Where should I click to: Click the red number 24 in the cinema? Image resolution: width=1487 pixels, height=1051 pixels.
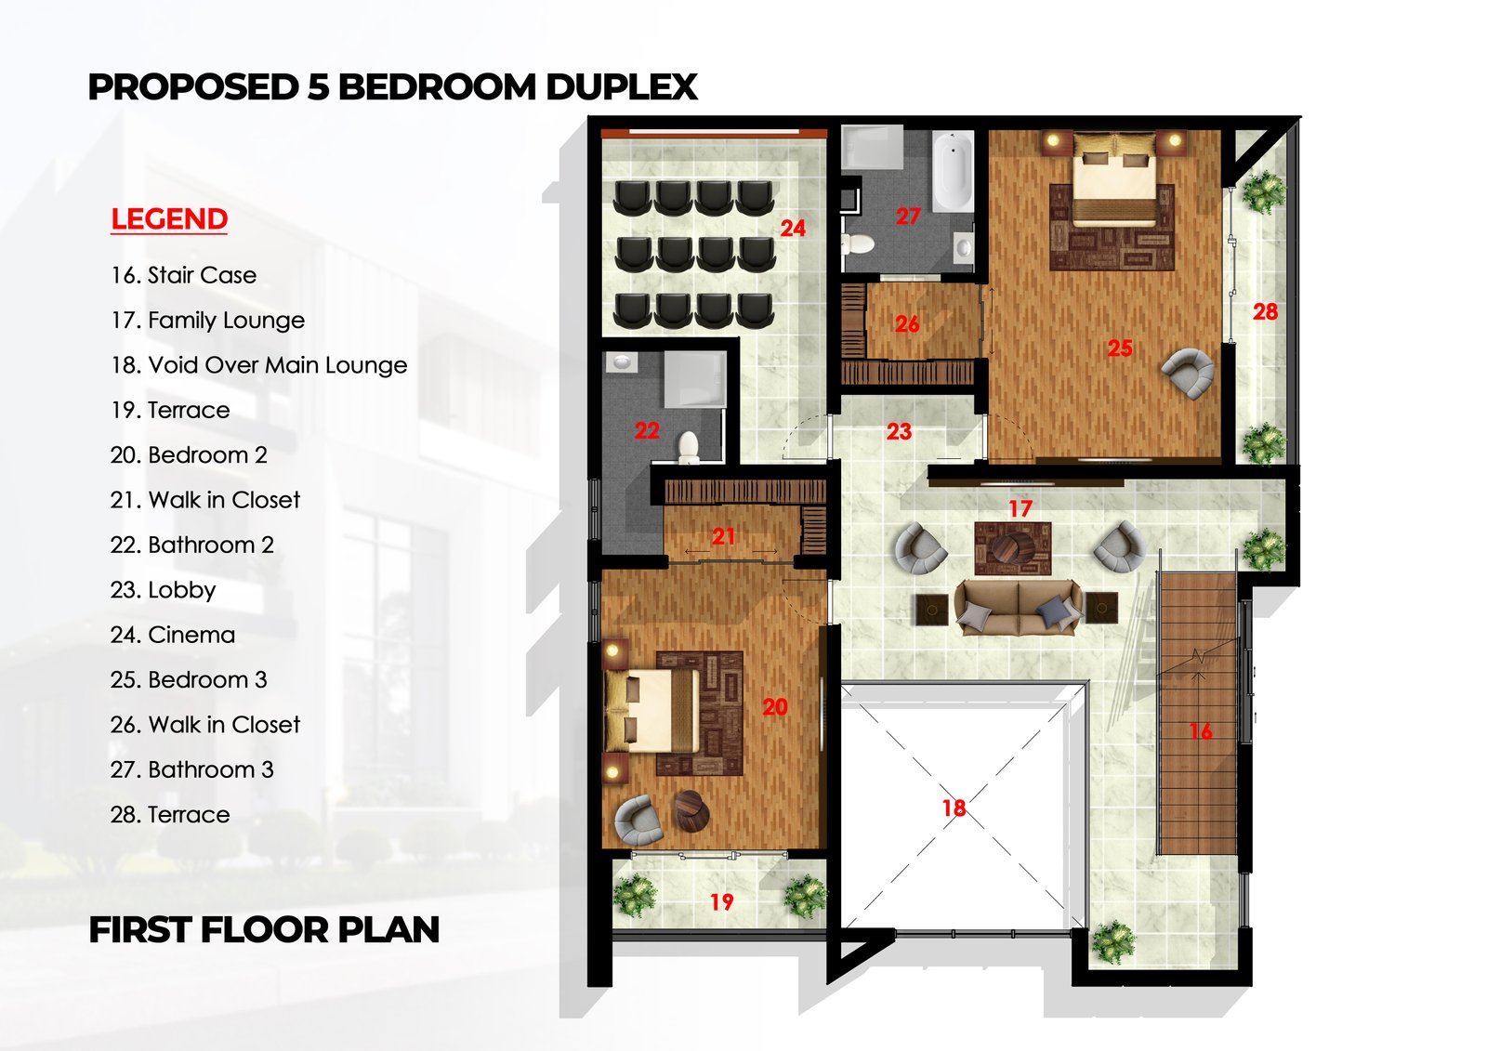click(x=792, y=229)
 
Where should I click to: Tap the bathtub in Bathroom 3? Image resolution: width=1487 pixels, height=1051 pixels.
click(x=952, y=173)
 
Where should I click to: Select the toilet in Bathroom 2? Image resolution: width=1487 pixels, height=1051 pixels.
click(x=689, y=447)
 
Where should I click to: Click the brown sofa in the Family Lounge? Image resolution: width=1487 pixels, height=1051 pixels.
click(x=1019, y=608)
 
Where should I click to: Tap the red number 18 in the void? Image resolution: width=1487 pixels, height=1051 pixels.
click(x=954, y=808)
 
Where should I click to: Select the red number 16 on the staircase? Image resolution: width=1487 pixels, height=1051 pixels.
click(x=1200, y=732)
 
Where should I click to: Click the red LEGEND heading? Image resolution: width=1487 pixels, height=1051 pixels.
click(x=169, y=219)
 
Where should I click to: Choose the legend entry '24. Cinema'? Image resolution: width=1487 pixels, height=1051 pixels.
click(x=173, y=635)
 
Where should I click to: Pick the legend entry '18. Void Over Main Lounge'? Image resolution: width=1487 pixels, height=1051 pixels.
click(x=258, y=365)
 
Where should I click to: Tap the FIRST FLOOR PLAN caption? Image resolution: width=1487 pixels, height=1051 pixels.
click(x=264, y=930)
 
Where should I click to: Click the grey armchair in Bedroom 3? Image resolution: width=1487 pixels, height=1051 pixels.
click(x=1189, y=372)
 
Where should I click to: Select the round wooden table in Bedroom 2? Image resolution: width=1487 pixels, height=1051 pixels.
click(x=691, y=811)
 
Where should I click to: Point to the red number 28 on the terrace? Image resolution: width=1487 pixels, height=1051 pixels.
click(x=1264, y=312)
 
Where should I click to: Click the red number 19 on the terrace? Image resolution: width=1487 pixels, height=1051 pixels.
click(x=721, y=902)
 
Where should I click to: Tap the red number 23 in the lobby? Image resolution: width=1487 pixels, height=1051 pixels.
click(x=898, y=432)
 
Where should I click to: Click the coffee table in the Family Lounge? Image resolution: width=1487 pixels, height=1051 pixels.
click(x=1012, y=548)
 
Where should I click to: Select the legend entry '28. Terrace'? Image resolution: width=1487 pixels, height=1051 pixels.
click(x=170, y=815)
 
